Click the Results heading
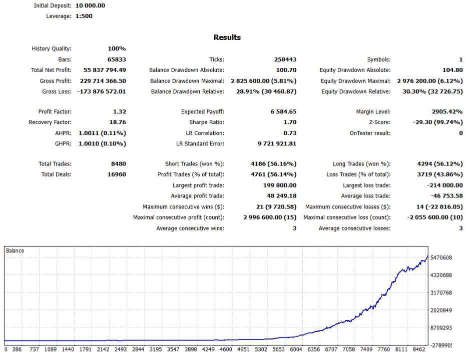click(x=227, y=37)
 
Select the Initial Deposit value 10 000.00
click(x=90, y=5)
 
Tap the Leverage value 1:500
click(x=84, y=16)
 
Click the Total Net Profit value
click(x=105, y=70)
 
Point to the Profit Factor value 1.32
click(x=120, y=111)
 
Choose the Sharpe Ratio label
click(x=207, y=122)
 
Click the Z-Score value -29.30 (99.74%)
click(x=438, y=122)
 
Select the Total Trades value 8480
click(x=119, y=164)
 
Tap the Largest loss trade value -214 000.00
click(x=445, y=185)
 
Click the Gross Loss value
click(x=102, y=91)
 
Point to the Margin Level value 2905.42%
click(x=447, y=111)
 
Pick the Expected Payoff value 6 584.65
click(x=283, y=111)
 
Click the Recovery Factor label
click(x=50, y=122)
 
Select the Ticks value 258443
click(x=285, y=59)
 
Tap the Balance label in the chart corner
click(x=15, y=251)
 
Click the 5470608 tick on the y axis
click(x=441, y=257)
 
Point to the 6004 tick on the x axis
click(x=296, y=349)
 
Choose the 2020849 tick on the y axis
click(x=441, y=310)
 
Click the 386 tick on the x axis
click(x=17, y=349)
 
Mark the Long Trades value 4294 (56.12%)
click(x=440, y=164)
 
